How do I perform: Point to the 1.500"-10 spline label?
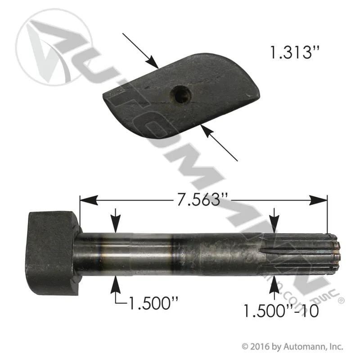pyautogui.click(x=280, y=311)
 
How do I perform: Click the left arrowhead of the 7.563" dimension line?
pyautogui.click(x=88, y=200)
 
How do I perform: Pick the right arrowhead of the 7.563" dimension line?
pyautogui.click(x=318, y=200)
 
